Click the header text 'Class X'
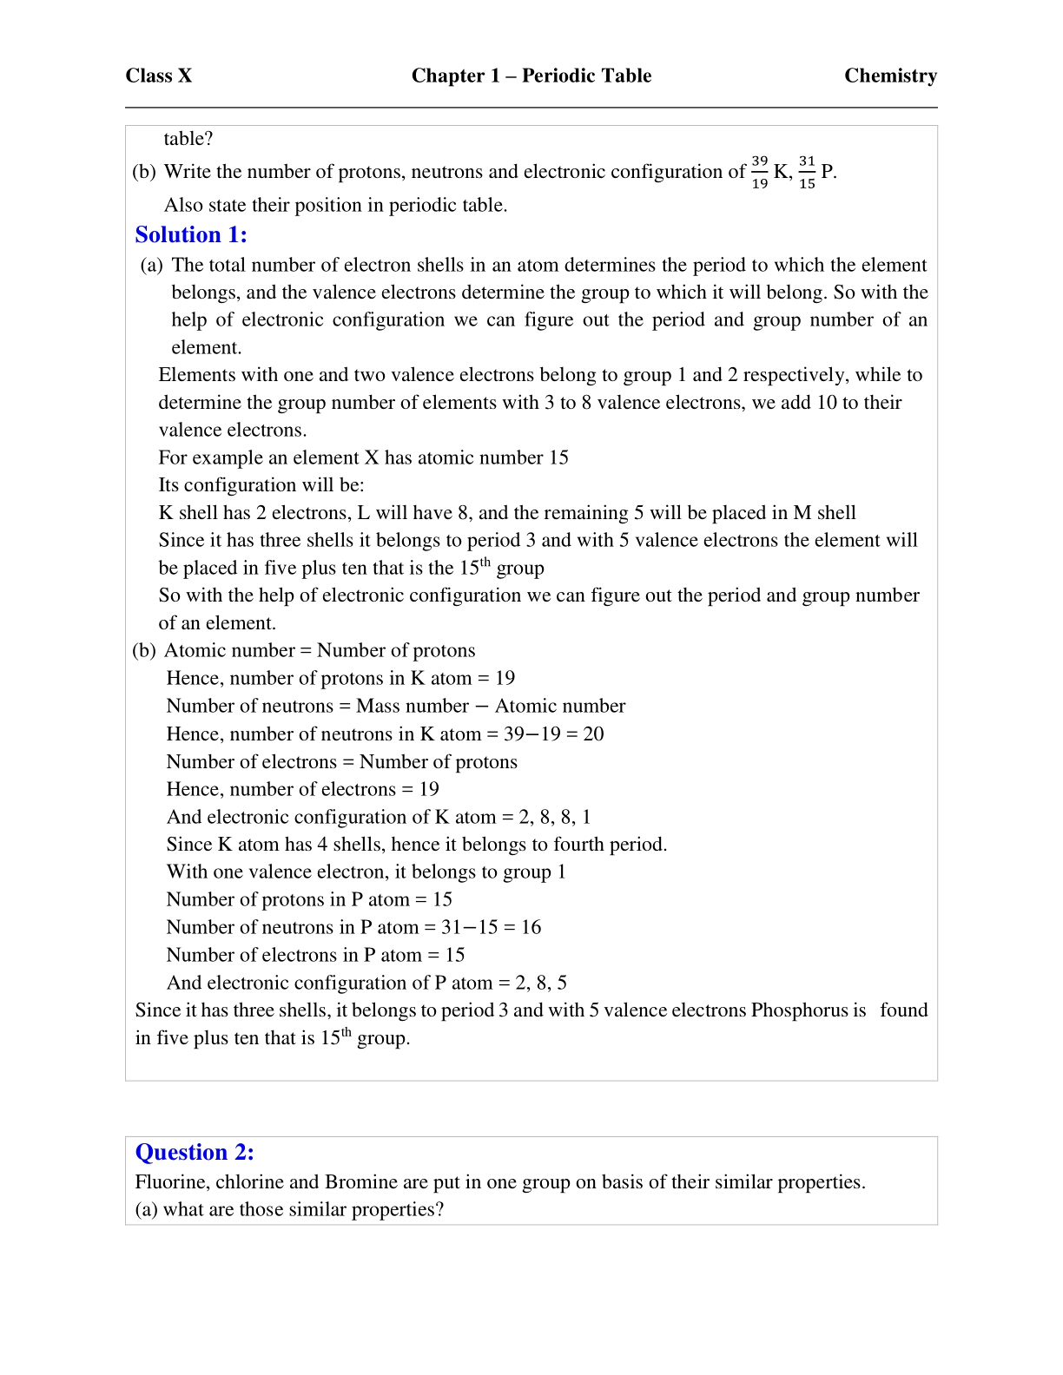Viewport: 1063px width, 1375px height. click(158, 76)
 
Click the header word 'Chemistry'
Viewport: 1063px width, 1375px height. click(890, 76)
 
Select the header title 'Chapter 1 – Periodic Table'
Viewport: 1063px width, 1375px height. click(531, 76)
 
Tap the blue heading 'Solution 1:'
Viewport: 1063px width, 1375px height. click(191, 235)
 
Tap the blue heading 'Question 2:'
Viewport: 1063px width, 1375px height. click(195, 1152)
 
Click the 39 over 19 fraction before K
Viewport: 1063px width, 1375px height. click(759, 172)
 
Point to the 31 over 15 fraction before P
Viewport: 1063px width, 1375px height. click(807, 172)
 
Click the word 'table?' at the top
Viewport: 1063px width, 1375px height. click(188, 139)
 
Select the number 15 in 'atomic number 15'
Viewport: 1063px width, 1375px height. click(558, 457)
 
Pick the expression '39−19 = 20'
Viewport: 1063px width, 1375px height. click(553, 734)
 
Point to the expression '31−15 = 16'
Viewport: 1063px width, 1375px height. click(491, 927)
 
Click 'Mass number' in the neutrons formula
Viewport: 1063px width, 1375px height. click(413, 706)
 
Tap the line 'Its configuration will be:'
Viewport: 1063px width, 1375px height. click(261, 485)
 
